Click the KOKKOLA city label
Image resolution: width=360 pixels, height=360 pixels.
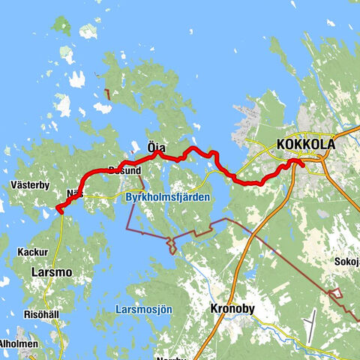click(x=304, y=145)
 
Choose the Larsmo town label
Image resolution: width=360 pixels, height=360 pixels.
click(x=51, y=273)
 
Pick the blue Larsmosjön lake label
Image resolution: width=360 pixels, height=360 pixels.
click(x=144, y=309)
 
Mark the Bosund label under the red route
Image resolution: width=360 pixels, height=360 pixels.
click(x=124, y=170)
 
